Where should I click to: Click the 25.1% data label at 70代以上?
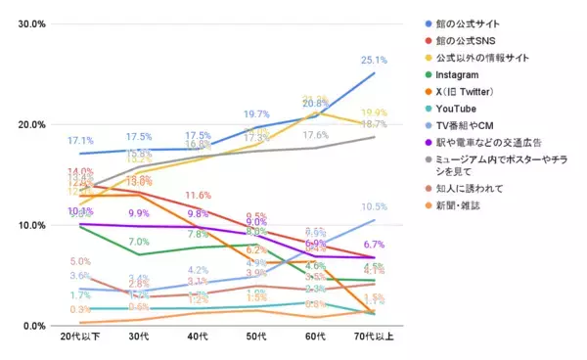point(375,60)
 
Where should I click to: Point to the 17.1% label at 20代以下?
point(80,141)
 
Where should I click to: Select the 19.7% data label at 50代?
point(256,114)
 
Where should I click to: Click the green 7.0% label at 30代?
point(139,242)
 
